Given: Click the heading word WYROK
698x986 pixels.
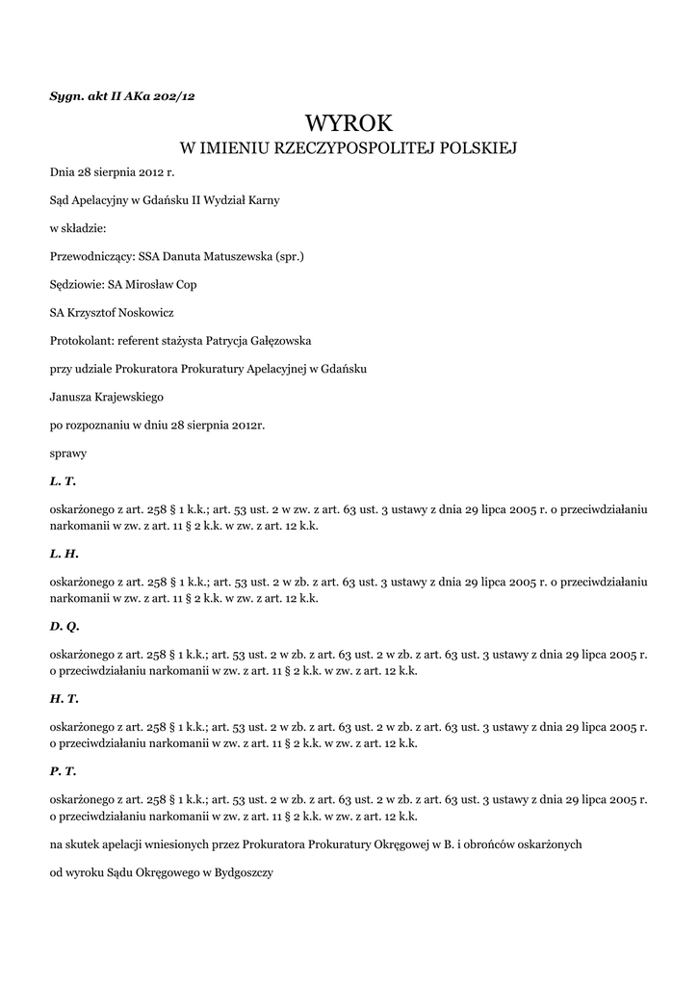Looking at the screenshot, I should click(x=349, y=123).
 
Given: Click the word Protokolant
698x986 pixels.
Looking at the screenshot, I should click(x=81, y=341).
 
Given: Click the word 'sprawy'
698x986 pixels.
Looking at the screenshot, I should click(x=67, y=452).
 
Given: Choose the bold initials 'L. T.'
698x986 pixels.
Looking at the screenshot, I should click(x=63, y=480).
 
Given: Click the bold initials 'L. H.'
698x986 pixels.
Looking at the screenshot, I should click(x=64, y=554).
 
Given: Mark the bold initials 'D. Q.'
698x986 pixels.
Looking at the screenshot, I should click(x=65, y=627).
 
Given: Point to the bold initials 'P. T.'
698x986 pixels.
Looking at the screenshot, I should click(x=63, y=772).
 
